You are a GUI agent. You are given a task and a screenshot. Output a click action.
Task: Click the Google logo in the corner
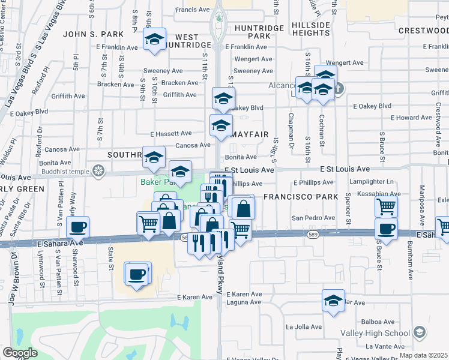point(20,353)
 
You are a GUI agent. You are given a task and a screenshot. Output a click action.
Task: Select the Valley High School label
point(383,334)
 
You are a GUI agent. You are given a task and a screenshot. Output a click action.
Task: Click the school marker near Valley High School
point(420,332)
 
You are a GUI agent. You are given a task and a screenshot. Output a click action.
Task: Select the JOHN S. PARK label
point(97,34)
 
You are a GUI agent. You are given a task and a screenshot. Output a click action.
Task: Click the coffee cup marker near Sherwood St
point(78,228)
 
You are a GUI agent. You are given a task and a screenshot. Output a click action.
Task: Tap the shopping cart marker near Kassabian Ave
point(386,207)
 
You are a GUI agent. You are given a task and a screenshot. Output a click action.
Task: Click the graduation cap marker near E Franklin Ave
point(155,40)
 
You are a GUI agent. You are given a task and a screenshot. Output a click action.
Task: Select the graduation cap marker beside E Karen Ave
point(333,301)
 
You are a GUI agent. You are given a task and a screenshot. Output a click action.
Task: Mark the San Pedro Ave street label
point(311,218)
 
